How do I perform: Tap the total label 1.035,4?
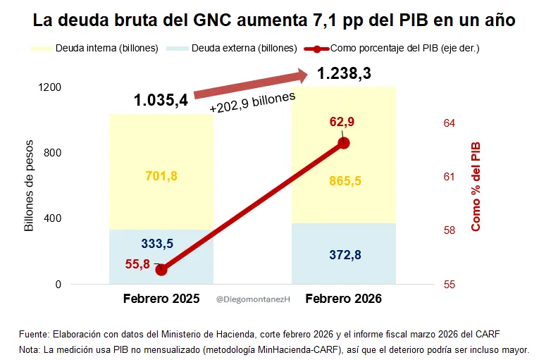click(161, 100)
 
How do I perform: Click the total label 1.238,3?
click(344, 74)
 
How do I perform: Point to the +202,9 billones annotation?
click(252, 103)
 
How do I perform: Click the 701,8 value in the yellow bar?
click(161, 175)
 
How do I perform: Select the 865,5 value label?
click(345, 181)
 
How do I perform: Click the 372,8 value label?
click(345, 254)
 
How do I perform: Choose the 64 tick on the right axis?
click(449, 123)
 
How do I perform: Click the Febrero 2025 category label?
click(161, 299)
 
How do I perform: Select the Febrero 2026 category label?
click(344, 299)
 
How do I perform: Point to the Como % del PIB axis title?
click(476, 186)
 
